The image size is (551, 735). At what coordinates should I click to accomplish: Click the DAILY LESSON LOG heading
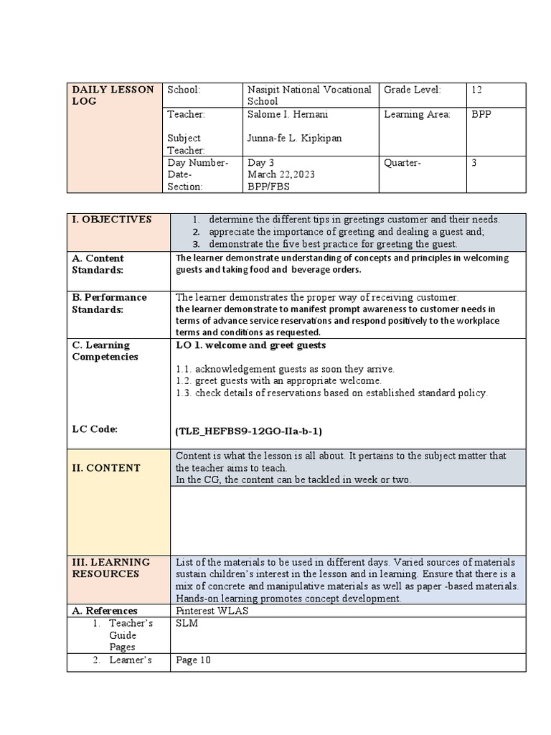click(113, 95)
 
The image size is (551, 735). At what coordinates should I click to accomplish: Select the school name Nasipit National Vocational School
click(309, 95)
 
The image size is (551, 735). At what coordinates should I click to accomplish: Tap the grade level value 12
click(477, 90)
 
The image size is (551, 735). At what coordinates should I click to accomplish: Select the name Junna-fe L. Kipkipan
click(294, 139)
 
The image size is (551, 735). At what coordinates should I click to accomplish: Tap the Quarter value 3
click(474, 163)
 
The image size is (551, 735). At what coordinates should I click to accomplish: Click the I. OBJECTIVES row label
click(111, 220)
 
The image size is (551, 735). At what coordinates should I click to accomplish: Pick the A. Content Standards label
click(98, 264)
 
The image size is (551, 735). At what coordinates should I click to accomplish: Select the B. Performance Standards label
click(109, 303)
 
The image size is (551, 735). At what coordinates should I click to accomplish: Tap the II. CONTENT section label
click(106, 468)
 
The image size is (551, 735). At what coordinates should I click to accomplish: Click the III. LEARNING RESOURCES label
click(111, 568)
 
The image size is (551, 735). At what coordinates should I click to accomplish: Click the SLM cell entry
click(187, 624)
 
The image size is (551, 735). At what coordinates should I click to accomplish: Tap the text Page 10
click(193, 660)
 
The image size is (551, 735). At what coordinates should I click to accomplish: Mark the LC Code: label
click(95, 429)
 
